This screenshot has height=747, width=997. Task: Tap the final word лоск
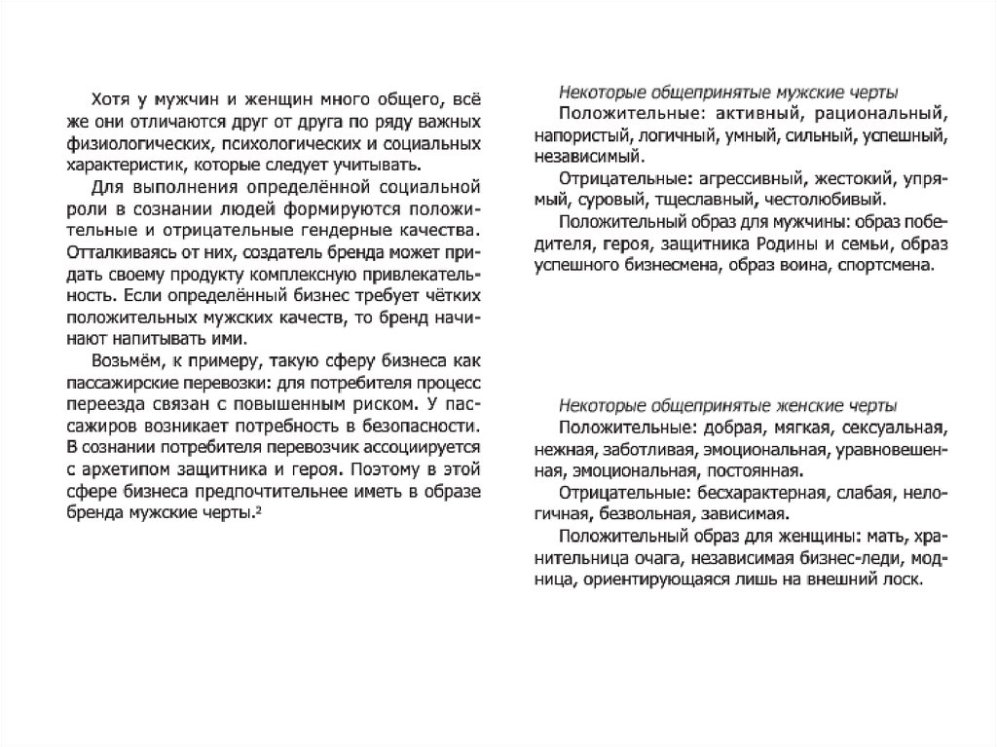900,579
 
